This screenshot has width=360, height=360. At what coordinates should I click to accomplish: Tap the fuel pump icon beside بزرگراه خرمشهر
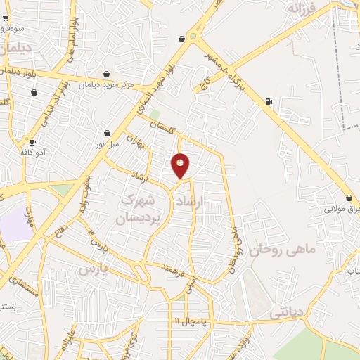point(269,101)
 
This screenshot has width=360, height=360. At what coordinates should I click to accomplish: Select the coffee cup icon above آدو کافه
point(32,142)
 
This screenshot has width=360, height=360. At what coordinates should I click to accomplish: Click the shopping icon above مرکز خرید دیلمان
point(106,75)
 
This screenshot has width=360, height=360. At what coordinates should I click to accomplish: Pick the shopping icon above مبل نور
point(107,133)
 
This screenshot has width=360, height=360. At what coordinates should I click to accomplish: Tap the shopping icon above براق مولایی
point(349,198)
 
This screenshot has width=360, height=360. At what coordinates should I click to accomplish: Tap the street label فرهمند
point(172,268)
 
